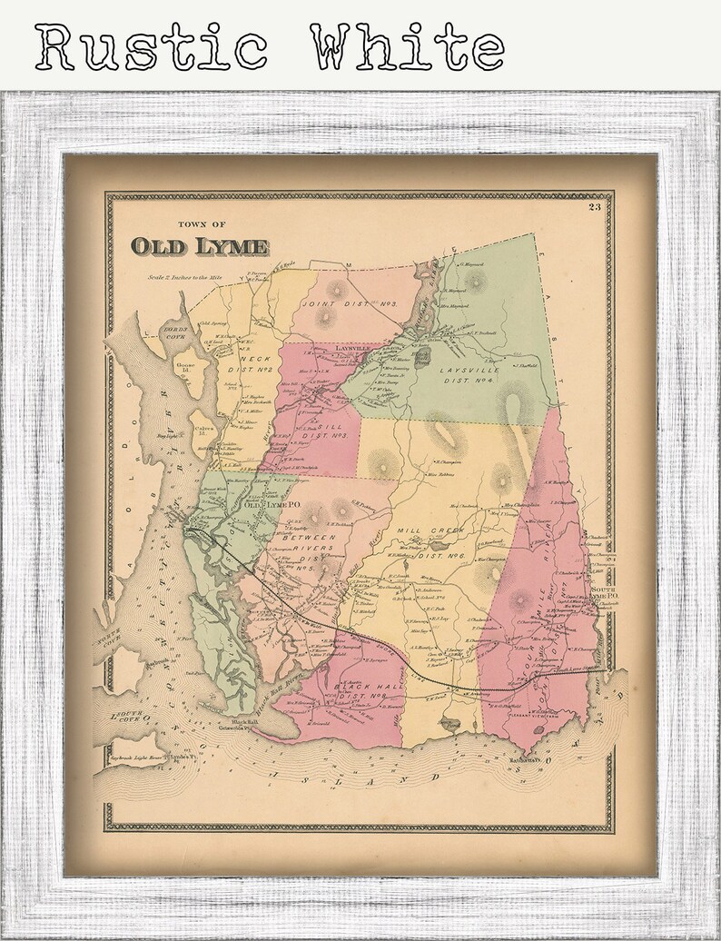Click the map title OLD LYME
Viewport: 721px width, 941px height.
click(x=200, y=246)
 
